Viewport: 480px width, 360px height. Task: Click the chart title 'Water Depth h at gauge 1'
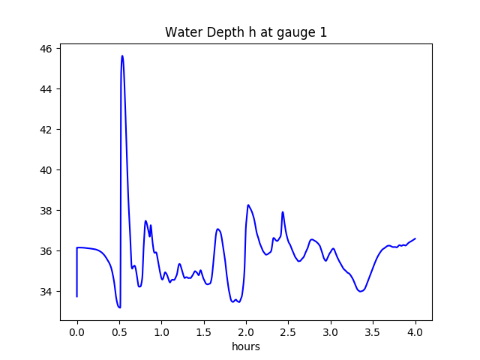point(245,32)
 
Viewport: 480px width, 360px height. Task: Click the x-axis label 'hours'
point(245,347)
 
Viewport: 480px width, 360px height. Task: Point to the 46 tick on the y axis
point(46,49)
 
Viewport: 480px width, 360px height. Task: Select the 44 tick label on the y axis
point(46,89)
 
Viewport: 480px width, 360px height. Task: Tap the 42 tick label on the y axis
point(46,130)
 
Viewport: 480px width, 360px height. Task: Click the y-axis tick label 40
point(46,170)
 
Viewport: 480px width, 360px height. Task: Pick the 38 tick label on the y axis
point(46,211)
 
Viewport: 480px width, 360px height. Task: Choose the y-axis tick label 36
point(46,251)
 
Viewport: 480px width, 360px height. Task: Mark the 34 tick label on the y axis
point(46,292)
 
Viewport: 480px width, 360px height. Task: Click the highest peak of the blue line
point(122,55)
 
